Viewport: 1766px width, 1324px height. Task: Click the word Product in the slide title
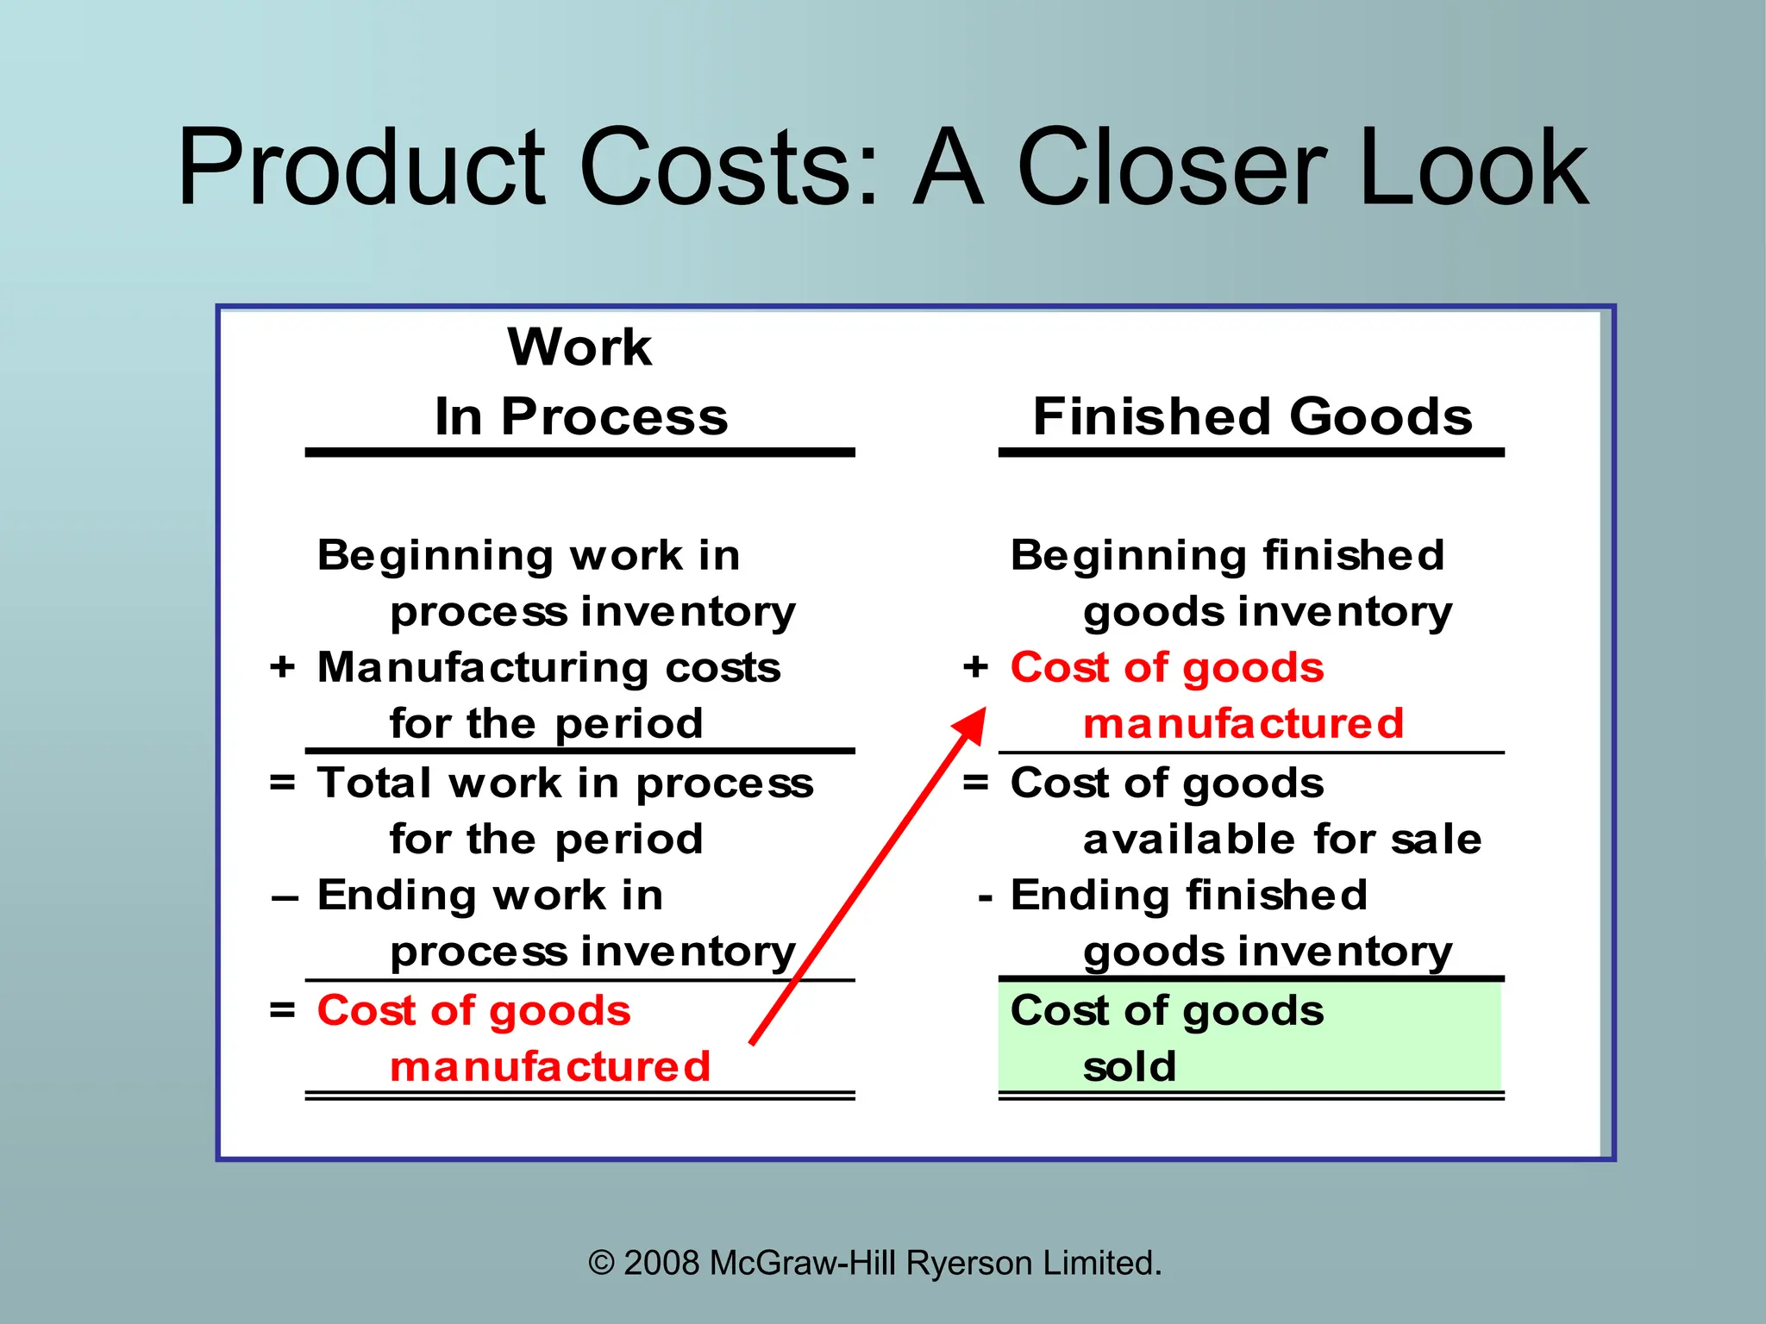pos(362,168)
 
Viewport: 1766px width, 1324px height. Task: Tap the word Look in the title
pos(1473,168)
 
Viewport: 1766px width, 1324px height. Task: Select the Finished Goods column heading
pos(1252,417)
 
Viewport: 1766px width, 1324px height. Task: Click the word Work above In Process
pos(579,347)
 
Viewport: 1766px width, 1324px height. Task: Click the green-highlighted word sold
pos(1130,1067)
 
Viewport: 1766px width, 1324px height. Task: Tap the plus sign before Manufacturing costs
pos(282,667)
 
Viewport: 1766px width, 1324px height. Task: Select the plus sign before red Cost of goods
pos(975,667)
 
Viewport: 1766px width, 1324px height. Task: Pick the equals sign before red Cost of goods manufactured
pos(282,1010)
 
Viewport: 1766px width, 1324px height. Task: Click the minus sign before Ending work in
pos(285,898)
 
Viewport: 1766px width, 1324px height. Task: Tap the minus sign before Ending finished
pos(986,898)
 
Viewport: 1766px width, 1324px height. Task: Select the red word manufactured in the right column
pos(1243,723)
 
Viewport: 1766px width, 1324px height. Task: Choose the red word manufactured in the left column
pos(550,1067)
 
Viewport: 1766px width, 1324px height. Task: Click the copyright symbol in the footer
pos(601,1264)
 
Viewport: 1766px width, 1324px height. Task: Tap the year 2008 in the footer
pos(661,1264)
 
